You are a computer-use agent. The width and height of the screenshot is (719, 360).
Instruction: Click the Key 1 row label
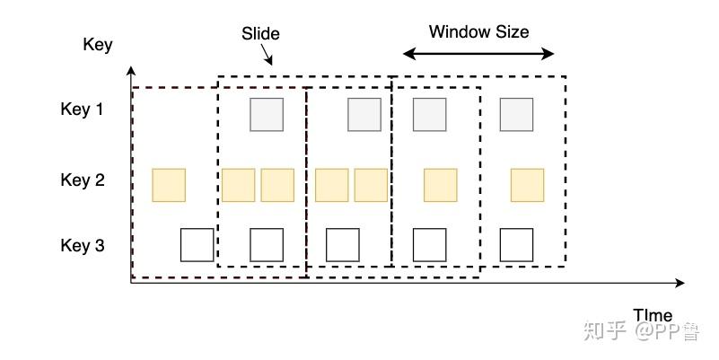point(82,110)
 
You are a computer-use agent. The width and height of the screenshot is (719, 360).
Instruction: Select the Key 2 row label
point(82,180)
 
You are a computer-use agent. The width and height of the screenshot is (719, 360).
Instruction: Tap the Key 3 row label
point(82,245)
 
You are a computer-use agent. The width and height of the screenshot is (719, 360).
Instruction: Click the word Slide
point(260,34)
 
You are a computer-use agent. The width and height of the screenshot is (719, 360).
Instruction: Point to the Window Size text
point(478,32)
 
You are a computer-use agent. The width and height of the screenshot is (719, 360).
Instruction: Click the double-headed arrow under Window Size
point(478,54)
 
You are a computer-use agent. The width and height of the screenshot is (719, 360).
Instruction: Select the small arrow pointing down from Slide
point(267,57)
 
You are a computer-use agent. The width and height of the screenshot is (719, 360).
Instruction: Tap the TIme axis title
point(653,315)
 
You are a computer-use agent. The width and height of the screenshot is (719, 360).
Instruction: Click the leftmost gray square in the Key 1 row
point(267,115)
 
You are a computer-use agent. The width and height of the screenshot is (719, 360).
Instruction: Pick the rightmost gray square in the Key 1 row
point(516,115)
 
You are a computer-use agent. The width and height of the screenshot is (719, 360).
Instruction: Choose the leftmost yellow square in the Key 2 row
point(169,185)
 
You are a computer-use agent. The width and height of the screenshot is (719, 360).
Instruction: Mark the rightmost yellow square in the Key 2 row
point(527,185)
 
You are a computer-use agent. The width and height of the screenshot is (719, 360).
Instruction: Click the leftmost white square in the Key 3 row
point(197,244)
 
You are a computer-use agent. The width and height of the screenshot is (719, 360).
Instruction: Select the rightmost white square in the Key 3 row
point(516,244)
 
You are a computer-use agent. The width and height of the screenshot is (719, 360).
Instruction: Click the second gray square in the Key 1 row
point(364,115)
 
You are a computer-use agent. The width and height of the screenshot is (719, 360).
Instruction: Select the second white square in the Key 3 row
point(267,244)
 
